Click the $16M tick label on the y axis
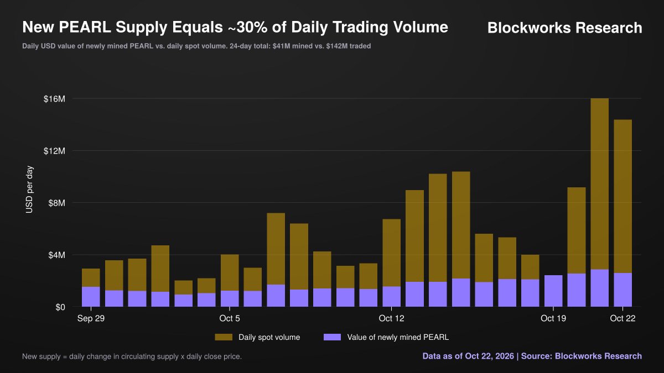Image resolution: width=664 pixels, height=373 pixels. pos(54,99)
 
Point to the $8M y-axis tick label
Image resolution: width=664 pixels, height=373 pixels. pos(56,203)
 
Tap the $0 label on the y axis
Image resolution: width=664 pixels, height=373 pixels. pos(60,307)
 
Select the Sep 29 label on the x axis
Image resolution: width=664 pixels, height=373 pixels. pos(91,318)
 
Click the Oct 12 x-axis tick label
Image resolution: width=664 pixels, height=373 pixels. pos(392,318)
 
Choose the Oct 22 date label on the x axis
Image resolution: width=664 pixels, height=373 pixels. pos(623,318)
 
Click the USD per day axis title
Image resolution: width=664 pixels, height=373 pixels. pos(29,190)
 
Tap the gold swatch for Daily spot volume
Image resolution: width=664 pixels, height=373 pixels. pos(224,337)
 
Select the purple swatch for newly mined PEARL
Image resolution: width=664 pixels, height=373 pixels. pos(333,337)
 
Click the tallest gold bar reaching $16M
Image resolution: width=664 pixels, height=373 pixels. pos(600,184)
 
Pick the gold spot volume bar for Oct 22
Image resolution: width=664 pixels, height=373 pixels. pos(623,196)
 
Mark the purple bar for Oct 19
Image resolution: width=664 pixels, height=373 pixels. pos(553,291)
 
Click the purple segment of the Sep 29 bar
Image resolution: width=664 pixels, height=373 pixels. pos(91,297)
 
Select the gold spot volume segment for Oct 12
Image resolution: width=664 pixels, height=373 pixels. pos(392,253)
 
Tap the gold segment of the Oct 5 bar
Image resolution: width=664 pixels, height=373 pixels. pos(230,272)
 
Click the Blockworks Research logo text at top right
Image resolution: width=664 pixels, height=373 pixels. pos(565,28)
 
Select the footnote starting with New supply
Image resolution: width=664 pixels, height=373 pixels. pos(132,356)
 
